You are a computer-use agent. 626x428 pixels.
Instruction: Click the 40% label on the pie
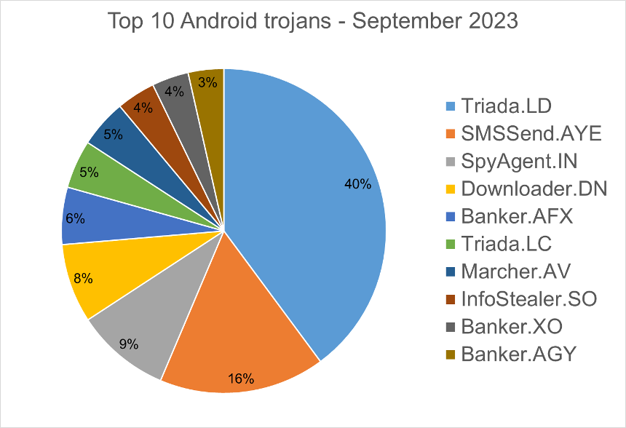pyautogui.click(x=357, y=184)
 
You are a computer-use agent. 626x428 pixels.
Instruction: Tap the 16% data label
pyautogui.click(x=241, y=379)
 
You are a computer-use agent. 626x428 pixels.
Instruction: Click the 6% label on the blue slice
pyautogui.click(x=76, y=218)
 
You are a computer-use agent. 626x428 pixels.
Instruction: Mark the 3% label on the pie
pyautogui.click(x=207, y=83)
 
